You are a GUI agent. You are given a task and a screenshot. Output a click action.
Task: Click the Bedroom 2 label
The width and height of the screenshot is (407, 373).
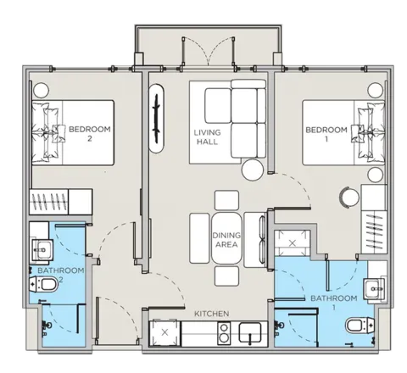point(90,134)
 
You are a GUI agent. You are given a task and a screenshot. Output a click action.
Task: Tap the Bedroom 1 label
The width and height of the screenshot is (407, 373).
point(326,134)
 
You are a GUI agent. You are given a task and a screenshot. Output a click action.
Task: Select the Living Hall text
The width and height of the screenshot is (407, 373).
point(207,137)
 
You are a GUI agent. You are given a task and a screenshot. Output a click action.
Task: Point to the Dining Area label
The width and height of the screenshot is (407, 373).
point(226,240)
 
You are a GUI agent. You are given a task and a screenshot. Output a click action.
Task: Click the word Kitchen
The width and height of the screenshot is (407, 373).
point(212,314)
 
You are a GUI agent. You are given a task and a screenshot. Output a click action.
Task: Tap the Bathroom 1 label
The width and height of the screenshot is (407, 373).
point(334,303)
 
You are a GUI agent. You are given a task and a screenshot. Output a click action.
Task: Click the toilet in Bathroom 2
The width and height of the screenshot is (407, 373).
point(44,284)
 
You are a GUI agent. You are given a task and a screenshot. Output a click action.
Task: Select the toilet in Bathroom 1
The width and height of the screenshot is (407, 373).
point(360,326)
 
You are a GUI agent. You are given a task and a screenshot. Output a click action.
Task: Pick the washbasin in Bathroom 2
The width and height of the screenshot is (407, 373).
point(42,249)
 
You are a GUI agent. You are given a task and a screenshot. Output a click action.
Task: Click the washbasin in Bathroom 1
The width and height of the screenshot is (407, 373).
point(374,288)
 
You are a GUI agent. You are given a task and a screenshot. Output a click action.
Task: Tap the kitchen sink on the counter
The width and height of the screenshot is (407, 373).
point(250,332)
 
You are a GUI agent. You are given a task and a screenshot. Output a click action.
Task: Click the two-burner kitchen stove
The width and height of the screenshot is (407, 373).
point(224,333)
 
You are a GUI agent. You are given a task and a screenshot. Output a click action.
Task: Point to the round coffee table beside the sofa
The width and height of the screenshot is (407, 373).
point(253,170)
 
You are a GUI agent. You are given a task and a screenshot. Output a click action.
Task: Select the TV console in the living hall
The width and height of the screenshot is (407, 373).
point(156,119)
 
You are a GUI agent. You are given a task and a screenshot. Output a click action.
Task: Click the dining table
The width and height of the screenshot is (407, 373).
point(226,238)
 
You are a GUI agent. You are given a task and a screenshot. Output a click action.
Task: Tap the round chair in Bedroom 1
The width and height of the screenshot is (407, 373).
point(349,198)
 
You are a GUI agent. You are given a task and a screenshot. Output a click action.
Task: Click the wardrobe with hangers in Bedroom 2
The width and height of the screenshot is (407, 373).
point(48,202)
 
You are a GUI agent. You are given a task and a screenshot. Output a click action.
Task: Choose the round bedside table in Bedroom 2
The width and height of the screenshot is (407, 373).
point(41,91)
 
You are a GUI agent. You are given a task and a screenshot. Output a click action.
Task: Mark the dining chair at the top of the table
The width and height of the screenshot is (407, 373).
point(226,200)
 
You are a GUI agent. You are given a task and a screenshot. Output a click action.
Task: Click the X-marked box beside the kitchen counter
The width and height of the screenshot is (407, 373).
point(164,332)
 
